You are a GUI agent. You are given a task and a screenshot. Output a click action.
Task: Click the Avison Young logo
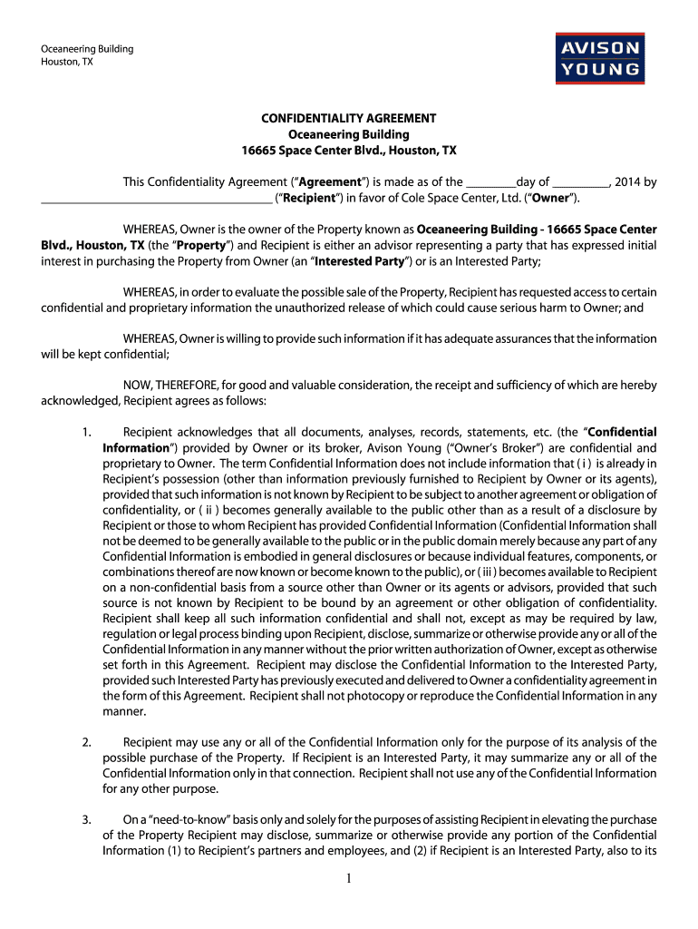tap(600, 57)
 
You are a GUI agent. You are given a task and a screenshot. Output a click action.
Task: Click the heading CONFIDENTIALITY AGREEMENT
tap(349, 118)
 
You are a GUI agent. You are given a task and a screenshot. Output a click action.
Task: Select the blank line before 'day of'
tap(490, 182)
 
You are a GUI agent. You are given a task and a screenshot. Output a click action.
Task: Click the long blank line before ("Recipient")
tap(156, 198)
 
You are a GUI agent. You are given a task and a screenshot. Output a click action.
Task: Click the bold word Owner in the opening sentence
tap(549, 197)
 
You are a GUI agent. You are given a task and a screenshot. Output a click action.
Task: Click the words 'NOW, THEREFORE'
tap(165, 386)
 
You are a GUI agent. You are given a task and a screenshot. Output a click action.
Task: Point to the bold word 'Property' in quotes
tap(202, 245)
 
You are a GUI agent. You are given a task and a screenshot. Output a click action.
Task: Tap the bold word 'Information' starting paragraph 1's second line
tap(135, 447)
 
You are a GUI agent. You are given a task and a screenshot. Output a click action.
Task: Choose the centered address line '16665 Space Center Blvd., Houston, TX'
tap(349, 149)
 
